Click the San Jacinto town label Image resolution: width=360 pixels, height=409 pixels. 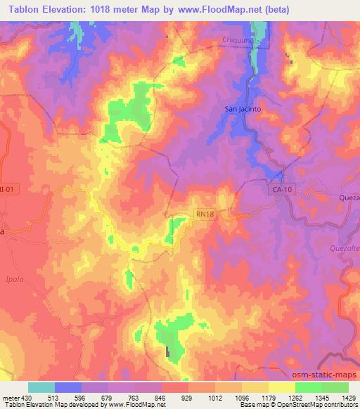243,110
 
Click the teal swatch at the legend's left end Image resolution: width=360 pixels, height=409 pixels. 41,387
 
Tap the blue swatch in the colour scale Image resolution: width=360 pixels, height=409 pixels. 68,387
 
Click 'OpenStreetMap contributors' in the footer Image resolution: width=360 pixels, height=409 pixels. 319,405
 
